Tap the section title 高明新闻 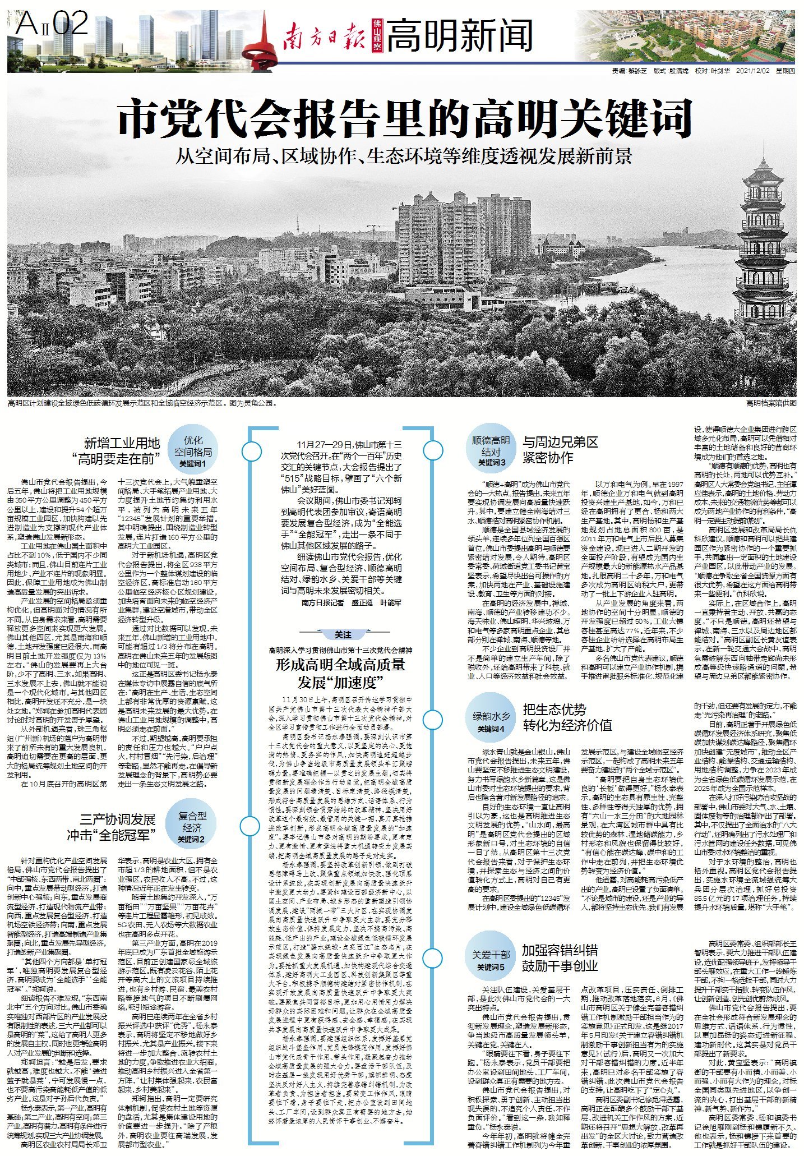pyautogui.click(x=459, y=35)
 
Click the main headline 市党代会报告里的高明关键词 pyautogui.click(x=404, y=118)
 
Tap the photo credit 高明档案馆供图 pyautogui.click(x=771, y=403)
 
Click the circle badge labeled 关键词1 pyautogui.click(x=193, y=452)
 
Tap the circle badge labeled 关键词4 pyautogui.click(x=491, y=720)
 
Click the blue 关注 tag pyautogui.click(x=343, y=634)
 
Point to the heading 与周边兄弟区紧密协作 pyautogui.click(x=560, y=449)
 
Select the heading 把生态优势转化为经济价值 pyautogui.click(x=567, y=717)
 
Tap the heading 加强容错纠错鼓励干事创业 pyautogui.click(x=560, y=957)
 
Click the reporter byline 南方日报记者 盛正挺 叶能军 pyautogui.click(x=351, y=603)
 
